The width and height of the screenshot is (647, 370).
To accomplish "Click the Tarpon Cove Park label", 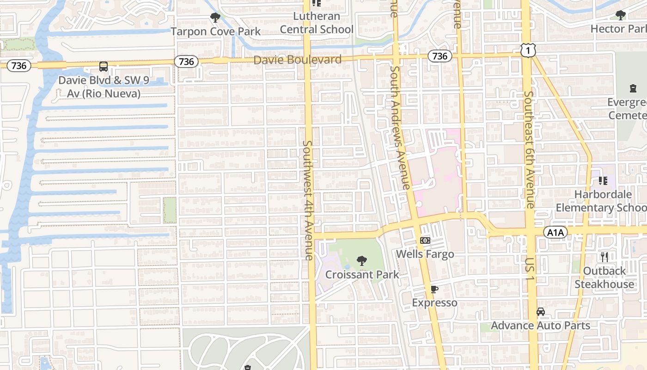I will tap(216, 31).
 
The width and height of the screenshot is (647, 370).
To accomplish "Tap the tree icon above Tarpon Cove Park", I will tap(215, 18).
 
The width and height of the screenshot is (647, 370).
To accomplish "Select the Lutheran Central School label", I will tap(317, 23).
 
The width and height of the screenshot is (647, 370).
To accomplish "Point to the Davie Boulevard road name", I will tap(298, 60).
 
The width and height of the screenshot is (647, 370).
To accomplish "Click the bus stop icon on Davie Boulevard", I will tap(104, 67).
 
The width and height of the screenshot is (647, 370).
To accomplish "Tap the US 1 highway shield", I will tap(527, 50).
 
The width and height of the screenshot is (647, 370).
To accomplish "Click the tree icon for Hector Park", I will tap(621, 15).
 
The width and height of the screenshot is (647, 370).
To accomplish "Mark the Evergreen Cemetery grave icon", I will tap(633, 88).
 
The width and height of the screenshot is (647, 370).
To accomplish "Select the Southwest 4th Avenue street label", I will tap(308, 200).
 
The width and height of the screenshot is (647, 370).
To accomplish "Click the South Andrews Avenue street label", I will tap(400, 127).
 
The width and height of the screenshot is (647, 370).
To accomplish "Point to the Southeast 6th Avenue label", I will tap(529, 149).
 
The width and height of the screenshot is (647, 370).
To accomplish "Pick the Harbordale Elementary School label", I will tap(601, 201).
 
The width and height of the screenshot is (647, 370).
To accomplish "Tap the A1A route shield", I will tap(555, 232).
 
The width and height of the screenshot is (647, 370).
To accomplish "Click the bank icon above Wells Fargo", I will tap(425, 240).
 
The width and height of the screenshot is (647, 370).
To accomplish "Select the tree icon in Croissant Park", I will tap(362, 261).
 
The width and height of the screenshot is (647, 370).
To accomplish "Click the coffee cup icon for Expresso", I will tap(434, 290).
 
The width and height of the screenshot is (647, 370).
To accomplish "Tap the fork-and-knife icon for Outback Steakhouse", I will tap(604, 257).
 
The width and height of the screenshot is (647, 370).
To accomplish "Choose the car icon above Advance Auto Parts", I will tap(541, 312).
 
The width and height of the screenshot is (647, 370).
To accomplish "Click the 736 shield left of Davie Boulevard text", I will tap(186, 62).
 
